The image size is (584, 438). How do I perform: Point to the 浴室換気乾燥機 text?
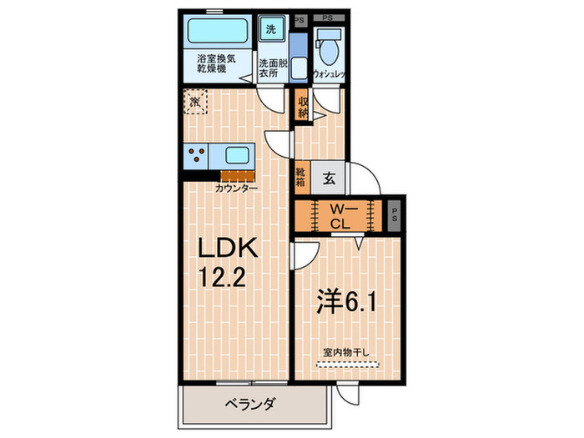[x=217, y=64]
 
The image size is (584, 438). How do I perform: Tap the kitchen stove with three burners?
[x=199, y=156]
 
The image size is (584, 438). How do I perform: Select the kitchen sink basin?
[x=235, y=156]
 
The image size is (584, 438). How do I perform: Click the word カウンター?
[x=236, y=189]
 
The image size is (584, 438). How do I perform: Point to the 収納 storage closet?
[x=303, y=106]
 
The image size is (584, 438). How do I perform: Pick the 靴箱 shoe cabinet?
[x=301, y=177]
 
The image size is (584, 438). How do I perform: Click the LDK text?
[x=229, y=249]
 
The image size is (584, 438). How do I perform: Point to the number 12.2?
[x=222, y=277]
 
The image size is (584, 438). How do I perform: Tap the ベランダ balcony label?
[x=250, y=405]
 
